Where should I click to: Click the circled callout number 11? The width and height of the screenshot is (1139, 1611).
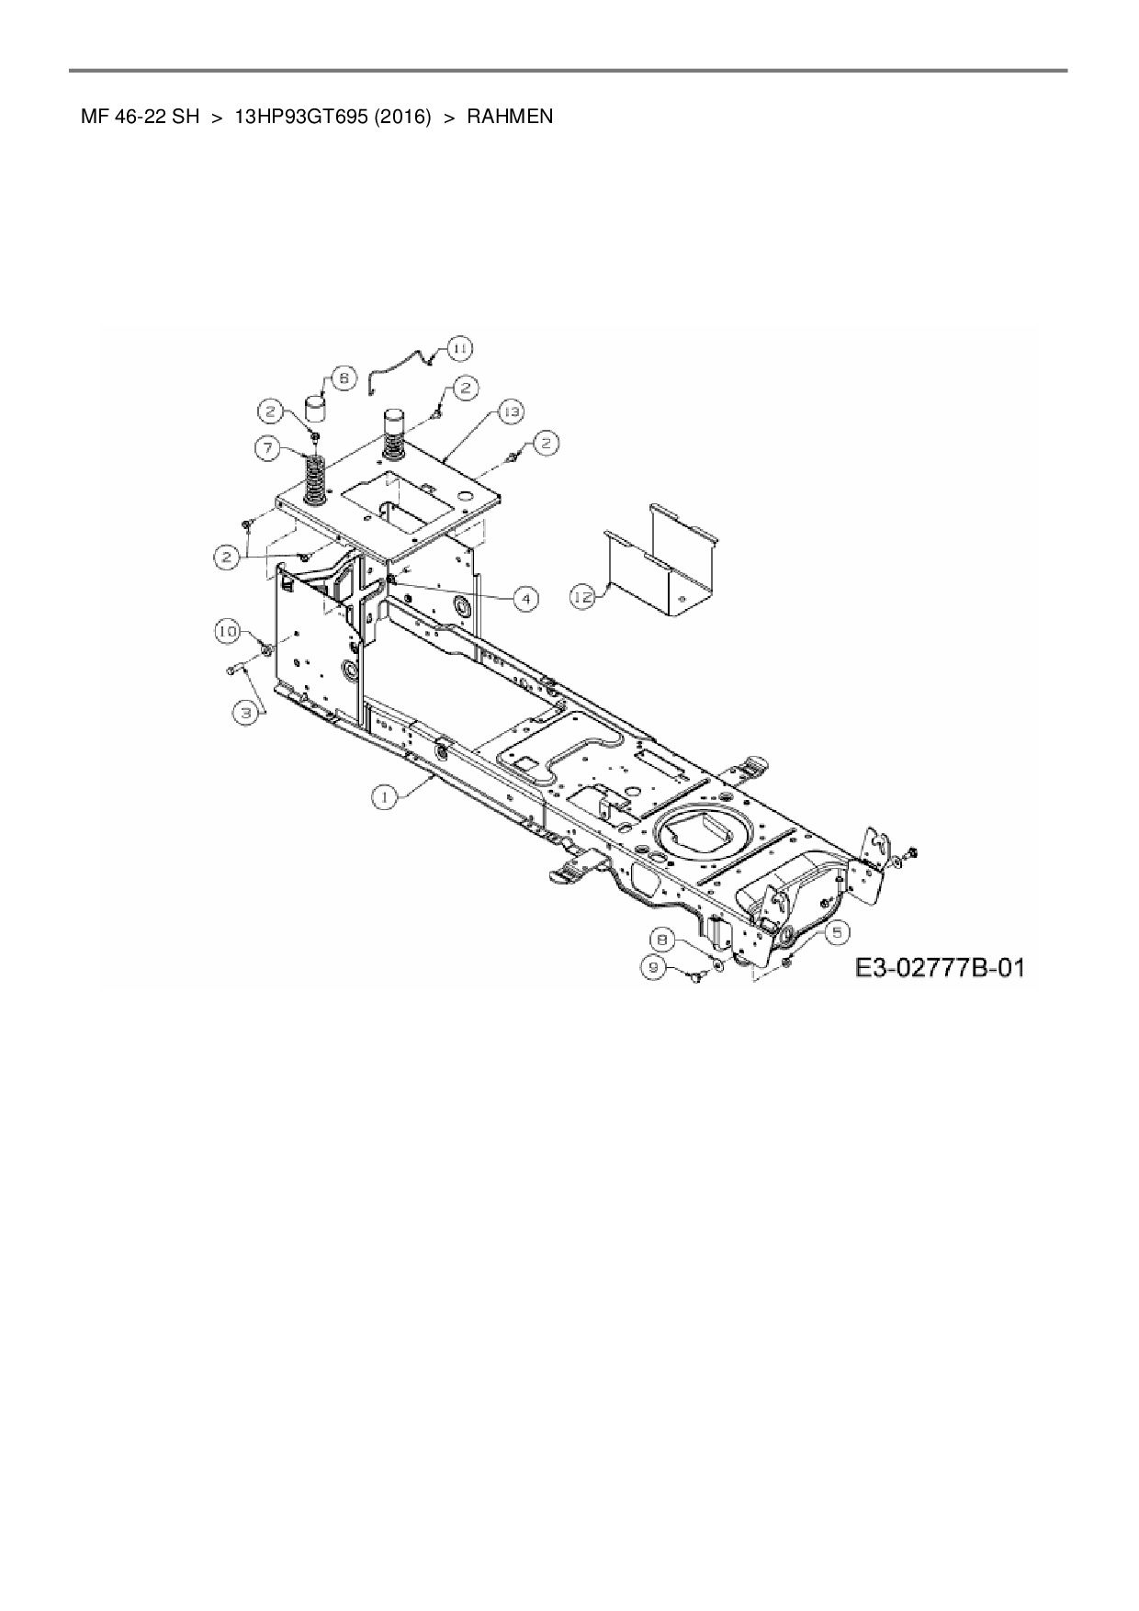[x=459, y=348]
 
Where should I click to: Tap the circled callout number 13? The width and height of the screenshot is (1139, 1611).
[x=511, y=412]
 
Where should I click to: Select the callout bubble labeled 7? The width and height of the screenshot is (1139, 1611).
[x=267, y=448]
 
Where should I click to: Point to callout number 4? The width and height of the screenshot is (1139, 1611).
[x=525, y=599]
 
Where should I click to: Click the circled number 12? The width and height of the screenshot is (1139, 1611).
[x=581, y=597]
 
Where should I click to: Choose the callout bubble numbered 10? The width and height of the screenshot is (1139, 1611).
[x=228, y=631]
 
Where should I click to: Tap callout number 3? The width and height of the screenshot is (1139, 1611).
[x=245, y=711]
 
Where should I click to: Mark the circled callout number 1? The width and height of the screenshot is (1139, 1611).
[x=385, y=797]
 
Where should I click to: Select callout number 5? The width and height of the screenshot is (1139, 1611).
[x=836, y=931]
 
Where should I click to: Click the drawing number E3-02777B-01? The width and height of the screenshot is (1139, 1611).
[x=939, y=967]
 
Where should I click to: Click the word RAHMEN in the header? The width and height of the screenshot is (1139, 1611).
[x=510, y=117]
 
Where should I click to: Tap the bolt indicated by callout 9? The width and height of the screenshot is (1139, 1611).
[x=694, y=979]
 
